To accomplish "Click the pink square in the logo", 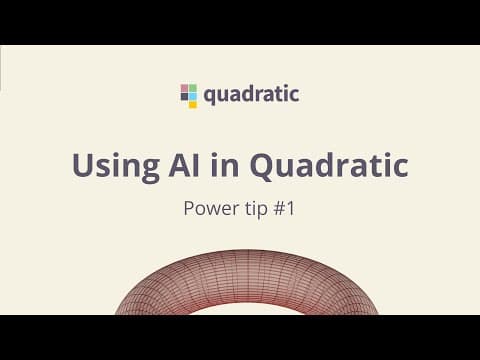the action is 185,88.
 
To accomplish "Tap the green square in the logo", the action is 193,88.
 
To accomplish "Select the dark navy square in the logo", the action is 185,96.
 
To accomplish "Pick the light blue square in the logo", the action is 193,96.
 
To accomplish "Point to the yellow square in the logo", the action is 193,104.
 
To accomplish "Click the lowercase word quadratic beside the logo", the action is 251,95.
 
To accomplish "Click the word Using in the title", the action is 116,167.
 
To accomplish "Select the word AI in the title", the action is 184,165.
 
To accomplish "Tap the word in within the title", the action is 225,165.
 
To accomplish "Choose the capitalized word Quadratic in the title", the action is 329,166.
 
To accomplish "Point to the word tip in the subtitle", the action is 256,209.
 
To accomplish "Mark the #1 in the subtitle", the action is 284,209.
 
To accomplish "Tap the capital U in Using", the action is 82,165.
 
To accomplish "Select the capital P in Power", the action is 189,209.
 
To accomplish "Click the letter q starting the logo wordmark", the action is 210,97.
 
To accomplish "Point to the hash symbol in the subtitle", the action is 279,209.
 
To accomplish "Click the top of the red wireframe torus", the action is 247,251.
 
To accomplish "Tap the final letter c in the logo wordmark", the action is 294,96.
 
